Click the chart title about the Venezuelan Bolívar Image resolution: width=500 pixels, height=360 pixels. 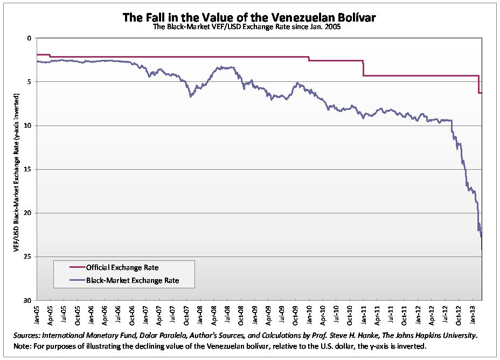tap(249, 17)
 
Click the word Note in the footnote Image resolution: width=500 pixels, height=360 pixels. tap(22, 346)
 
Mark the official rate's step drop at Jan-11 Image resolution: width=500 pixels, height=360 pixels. tap(363, 68)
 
